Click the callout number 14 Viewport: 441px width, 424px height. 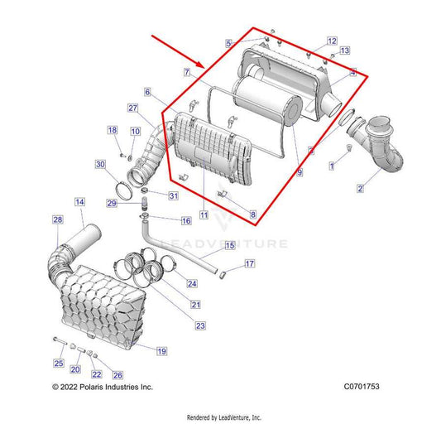pos(79,202)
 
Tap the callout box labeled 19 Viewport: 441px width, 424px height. pos(161,351)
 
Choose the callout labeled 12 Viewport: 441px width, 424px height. pos(331,41)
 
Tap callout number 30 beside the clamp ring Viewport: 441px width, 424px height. pos(100,165)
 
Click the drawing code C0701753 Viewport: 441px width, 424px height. pos(362,387)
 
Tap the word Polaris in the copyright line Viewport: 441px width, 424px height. pos(91,387)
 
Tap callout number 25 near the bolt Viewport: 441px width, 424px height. pos(59,364)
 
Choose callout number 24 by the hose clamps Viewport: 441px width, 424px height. pos(192,283)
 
